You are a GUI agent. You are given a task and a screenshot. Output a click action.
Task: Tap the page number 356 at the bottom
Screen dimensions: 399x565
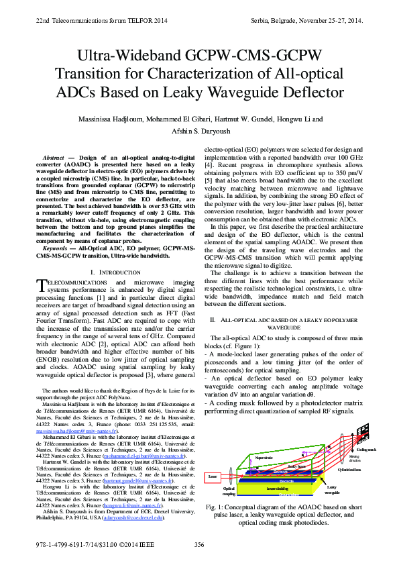point(199,545)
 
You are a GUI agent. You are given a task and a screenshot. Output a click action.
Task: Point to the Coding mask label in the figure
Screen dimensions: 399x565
point(367,450)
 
